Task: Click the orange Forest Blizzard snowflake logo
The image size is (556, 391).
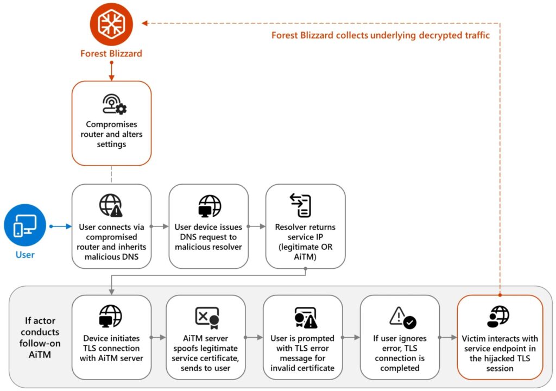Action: point(111,24)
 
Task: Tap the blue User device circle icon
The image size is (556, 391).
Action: point(25,226)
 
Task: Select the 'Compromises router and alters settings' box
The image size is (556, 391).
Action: point(111,123)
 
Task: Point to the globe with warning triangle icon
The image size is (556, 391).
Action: point(111,206)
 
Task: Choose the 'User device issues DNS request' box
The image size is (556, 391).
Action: point(208,226)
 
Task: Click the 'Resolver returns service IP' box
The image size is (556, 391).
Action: point(305,226)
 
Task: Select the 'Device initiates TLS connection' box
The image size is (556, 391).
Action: point(111,337)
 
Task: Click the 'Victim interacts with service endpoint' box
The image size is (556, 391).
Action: point(500,337)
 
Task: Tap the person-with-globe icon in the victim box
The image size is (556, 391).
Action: point(498,317)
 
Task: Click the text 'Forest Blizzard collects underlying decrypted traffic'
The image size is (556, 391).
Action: point(380,36)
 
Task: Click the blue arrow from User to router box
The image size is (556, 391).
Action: point(60,226)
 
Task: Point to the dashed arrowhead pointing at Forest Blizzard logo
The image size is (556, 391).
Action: point(144,23)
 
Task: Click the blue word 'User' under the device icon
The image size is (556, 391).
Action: point(25,255)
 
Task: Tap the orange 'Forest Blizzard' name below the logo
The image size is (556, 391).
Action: point(111,54)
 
